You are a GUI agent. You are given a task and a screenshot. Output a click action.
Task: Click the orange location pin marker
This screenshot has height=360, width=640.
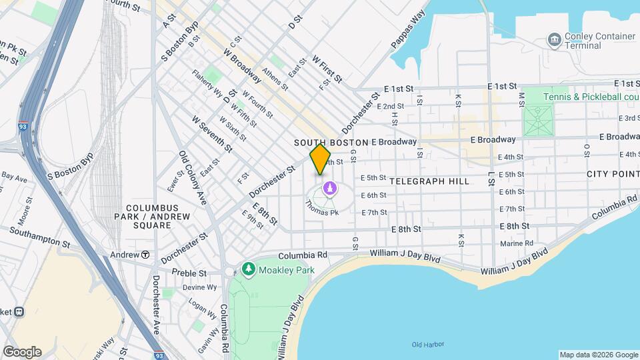tap(320, 159)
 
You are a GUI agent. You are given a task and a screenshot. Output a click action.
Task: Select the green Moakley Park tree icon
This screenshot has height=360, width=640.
tap(248, 269)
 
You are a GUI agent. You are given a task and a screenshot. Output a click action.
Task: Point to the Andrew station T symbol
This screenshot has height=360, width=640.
tap(144, 255)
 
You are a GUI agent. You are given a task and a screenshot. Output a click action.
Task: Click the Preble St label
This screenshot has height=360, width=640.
tap(189, 273)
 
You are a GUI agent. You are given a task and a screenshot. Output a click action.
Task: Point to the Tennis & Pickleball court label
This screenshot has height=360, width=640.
tap(590, 97)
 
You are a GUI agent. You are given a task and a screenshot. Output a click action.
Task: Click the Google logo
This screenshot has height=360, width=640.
tap(22, 351)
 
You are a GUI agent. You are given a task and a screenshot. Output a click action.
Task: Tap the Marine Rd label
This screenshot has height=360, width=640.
tap(512, 243)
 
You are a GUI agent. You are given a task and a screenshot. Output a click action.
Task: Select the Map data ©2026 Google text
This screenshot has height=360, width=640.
tap(598, 355)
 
